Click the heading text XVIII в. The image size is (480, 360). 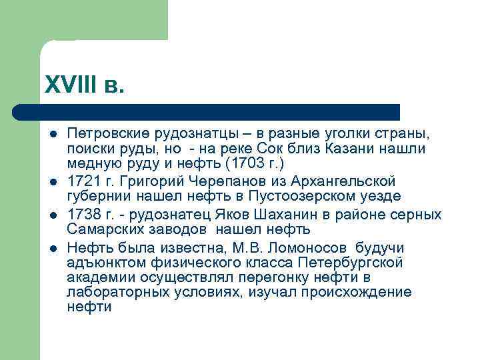click(84, 86)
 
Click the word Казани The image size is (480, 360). click(350, 148)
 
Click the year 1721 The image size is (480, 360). click(83, 181)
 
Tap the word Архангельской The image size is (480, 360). click(338, 181)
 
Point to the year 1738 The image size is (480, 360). click(83, 215)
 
